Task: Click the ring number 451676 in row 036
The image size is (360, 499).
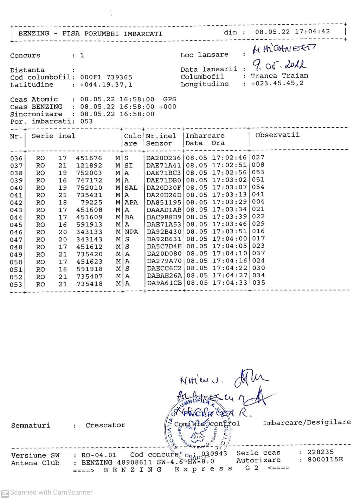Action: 89,158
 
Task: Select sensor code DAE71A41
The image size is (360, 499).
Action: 163,166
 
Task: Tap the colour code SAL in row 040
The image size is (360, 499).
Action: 131,188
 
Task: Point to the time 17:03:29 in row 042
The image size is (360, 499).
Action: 229,202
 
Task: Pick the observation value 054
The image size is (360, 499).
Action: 258,187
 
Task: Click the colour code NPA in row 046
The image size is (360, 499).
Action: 131,232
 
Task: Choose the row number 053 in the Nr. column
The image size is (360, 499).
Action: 16,284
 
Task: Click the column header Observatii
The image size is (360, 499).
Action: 277,135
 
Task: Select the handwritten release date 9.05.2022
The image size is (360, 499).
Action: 279,65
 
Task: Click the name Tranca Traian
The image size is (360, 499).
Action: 279,76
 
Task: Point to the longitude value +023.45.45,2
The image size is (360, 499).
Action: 277,83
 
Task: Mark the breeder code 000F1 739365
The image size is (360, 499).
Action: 106,77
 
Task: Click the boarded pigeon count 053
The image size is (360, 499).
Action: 86,121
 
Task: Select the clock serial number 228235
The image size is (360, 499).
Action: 320,452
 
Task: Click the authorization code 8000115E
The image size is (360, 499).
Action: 325,460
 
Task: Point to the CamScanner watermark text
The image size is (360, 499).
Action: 51,492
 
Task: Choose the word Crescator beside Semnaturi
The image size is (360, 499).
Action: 105,425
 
